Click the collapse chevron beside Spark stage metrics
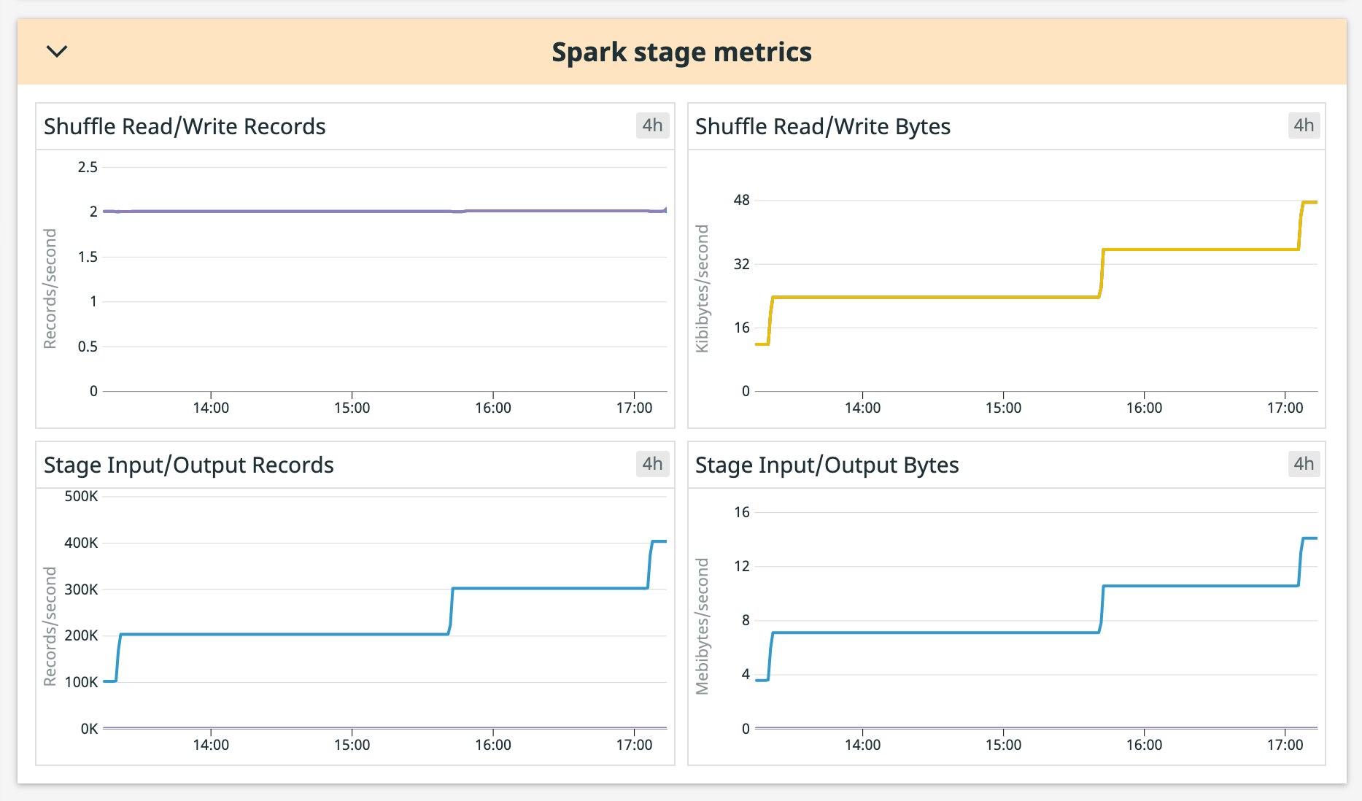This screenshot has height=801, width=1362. point(57,51)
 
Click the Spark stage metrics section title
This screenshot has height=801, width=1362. point(681,53)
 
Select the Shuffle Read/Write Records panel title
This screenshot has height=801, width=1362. point(185,126)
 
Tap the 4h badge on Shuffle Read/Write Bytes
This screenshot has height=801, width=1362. point(1304,125)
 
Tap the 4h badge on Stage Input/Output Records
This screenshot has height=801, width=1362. point(652,464)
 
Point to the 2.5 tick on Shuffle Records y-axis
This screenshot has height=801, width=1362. point(88,167)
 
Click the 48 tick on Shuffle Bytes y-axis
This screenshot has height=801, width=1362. point(741,200)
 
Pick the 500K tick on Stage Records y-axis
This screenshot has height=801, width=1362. point(81,496)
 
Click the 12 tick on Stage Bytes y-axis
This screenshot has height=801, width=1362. point(741,566)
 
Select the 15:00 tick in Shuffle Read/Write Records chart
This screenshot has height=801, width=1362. point(352,408)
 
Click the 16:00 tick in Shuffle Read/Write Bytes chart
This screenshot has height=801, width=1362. point(1144,408)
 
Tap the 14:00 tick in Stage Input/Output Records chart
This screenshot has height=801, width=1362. point(211,745)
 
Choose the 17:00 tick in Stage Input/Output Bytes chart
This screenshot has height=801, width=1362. point(1285,745)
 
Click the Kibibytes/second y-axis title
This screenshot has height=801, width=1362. point(703,288)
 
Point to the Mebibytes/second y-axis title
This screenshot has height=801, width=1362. point(703,626)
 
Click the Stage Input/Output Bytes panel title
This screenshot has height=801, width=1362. point(827,465)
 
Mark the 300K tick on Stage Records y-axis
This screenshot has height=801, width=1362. point(81,589)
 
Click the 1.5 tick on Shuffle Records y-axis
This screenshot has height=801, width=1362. point(88,257)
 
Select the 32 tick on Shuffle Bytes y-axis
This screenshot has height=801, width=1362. point(741,264)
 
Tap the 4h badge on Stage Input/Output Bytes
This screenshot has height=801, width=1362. point(1304,464)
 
